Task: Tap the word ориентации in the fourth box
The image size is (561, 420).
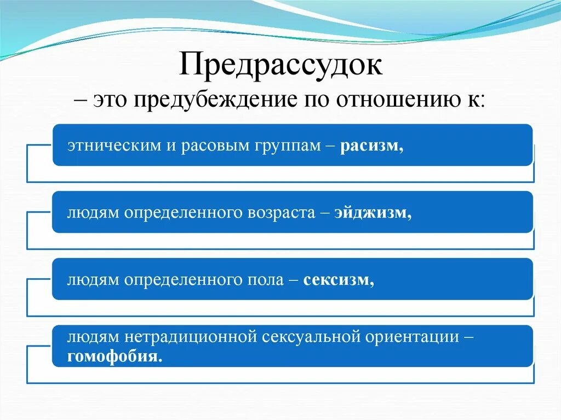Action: click(415, 337)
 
